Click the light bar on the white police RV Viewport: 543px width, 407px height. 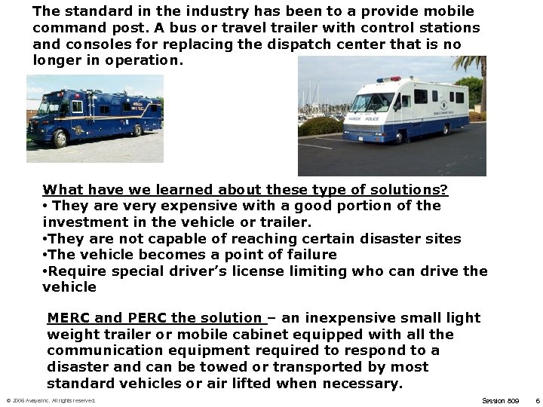(x=390, y=78)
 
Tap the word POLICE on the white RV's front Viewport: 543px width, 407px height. (x=372, y=118)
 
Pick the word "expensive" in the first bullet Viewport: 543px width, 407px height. (x=192, y=206)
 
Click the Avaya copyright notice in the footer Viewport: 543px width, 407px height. (x=51, y=400)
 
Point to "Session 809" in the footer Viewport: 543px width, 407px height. (x=500, y=400)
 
